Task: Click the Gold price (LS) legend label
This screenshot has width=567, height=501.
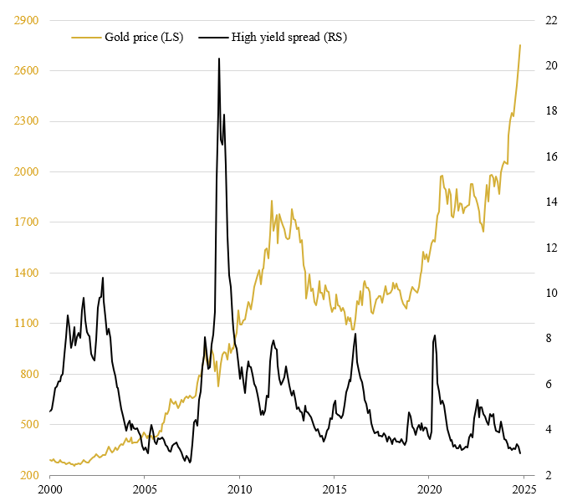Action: [x=144, y=37]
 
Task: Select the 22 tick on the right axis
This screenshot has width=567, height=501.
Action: [x=553, y=19]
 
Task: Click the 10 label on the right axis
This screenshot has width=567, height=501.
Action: [x=553, y=293]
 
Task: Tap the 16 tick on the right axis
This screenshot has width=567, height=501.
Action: [x=553, y=156]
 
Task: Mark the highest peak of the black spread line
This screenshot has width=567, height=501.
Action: [x=219, y=59]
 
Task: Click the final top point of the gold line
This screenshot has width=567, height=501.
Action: [x=520, y=45]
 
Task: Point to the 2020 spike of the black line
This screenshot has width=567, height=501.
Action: [x=435, y=335]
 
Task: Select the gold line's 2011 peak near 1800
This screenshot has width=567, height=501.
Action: [x=272, y=201]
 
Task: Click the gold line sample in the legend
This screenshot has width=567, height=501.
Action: [x=86, y=37]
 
